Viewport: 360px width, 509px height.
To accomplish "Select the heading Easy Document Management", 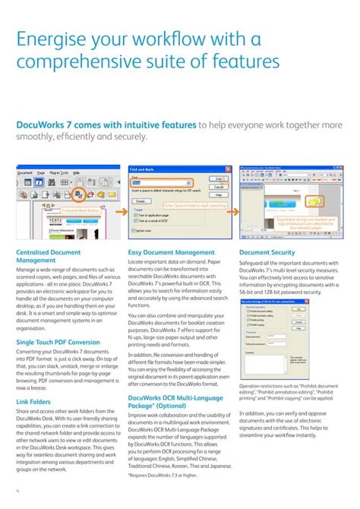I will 171,252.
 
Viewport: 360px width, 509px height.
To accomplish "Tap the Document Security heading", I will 267,252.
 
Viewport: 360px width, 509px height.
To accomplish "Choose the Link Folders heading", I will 33,401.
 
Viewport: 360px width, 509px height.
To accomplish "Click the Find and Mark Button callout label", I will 81,210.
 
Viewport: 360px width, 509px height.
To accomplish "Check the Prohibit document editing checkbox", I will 245,311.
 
